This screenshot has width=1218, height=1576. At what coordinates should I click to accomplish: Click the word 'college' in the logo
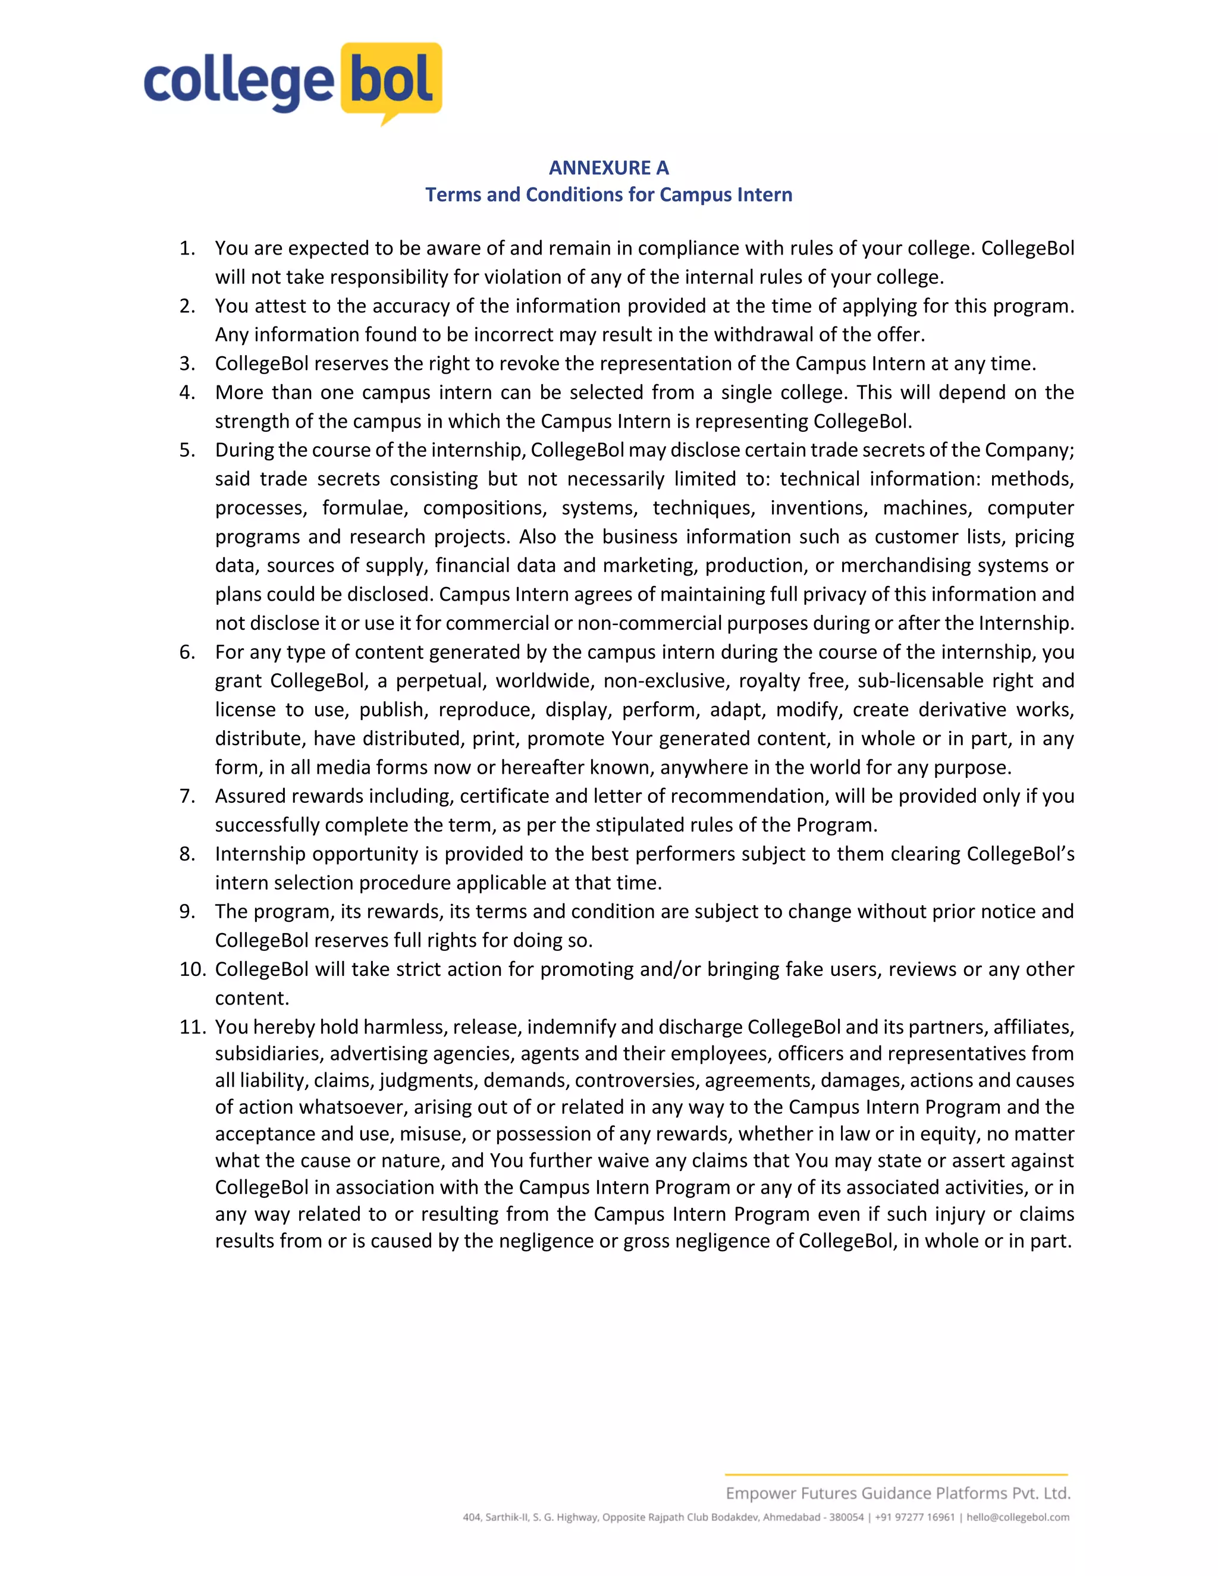pyautogui.click(x=238, y=84)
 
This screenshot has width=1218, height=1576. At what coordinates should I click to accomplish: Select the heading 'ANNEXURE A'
pyautogui.click(x=608, y=168)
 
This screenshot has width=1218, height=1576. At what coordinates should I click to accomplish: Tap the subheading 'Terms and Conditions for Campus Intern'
pyautogui.click(x=608, y=195)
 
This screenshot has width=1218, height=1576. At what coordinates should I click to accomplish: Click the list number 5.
pyautogui.click(x=187, y=450)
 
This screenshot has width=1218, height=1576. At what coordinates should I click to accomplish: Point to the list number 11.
pyautogui.click(x=193, y=1027)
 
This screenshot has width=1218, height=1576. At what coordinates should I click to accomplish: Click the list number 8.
pyautogui.click(x=187, y=853)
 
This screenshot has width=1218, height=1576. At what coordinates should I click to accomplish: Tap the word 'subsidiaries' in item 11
pyautogui.click(x=269, y=1054)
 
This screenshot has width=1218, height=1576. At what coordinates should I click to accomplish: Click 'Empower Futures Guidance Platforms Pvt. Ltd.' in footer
pyautogui.click(x=897, y=1493)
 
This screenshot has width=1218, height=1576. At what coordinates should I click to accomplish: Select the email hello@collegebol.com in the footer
pyautogui.click(x=1018, y=1518)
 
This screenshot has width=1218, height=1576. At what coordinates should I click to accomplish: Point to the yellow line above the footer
pyautogui.click(x=896, y=1474)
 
